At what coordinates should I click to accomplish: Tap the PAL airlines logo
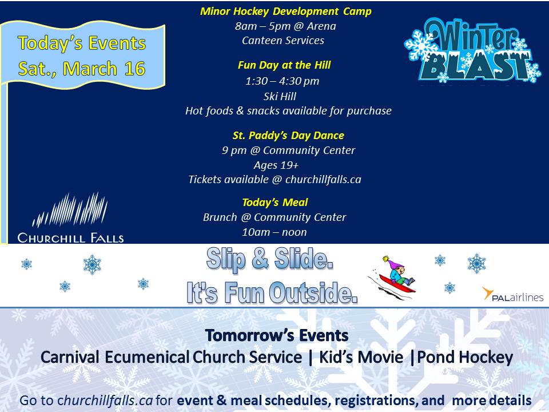(x=512, y=295)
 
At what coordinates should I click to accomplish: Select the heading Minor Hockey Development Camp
(x=286, y=11)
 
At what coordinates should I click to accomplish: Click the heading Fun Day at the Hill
(x=284, y=65)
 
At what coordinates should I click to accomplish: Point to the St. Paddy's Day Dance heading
(x=288, y=136)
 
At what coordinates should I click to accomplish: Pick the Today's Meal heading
(x=275, y=203)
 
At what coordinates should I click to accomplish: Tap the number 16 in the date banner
(x=135, y=68)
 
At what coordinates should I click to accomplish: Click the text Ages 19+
(x=276, y=165)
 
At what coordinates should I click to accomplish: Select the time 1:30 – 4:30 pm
(x=282, y=81)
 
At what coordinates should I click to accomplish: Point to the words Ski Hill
(x=280, y=96)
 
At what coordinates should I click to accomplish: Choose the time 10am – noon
(x=274, y=232)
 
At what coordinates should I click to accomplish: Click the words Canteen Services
(x=283, y=40)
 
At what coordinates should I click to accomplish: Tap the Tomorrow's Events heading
(x=277, y=335)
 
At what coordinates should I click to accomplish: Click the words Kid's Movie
(x=361, y=357)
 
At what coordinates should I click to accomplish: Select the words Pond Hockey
(x=465, y=357)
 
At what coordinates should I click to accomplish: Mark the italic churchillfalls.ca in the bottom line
(x=105, y=400)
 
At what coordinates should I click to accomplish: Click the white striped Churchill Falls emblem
(x=70, y=209)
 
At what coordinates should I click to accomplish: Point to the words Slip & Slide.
(x=269, y=260)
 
